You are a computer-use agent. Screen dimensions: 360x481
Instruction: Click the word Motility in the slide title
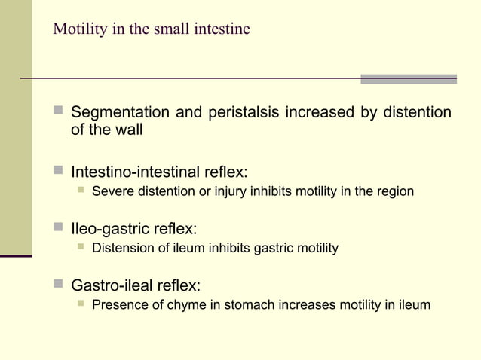(77, 29)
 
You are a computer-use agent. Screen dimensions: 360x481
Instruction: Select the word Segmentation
(120, 113)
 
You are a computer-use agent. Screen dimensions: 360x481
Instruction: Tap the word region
(394, 191)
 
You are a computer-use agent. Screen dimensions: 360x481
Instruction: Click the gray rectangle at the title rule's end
(408, 78)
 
